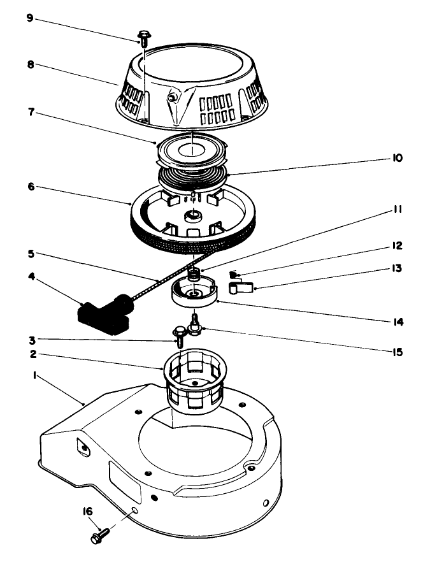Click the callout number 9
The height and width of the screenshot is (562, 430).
30,17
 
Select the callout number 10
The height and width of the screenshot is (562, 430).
398,157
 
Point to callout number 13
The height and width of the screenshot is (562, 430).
398,269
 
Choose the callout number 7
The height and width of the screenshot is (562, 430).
30,112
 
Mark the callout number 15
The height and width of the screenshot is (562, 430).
398,351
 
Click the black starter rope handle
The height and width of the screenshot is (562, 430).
104,315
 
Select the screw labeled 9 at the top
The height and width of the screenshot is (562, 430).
143,38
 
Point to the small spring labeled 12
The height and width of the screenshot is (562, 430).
234,275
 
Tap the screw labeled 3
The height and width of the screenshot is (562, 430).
180,335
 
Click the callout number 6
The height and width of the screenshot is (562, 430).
30,187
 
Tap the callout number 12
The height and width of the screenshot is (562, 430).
398,245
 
